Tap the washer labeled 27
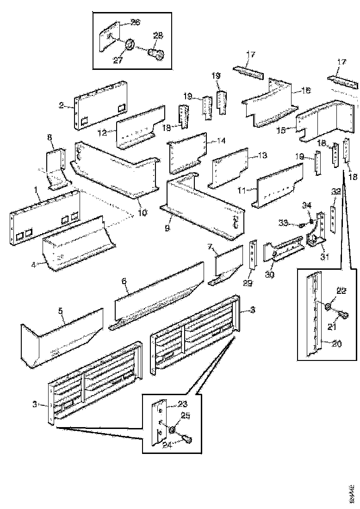point(130,45)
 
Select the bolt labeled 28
point(155,52)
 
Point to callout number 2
point(61,105)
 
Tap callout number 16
point(306,91)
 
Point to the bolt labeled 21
point(343,316)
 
